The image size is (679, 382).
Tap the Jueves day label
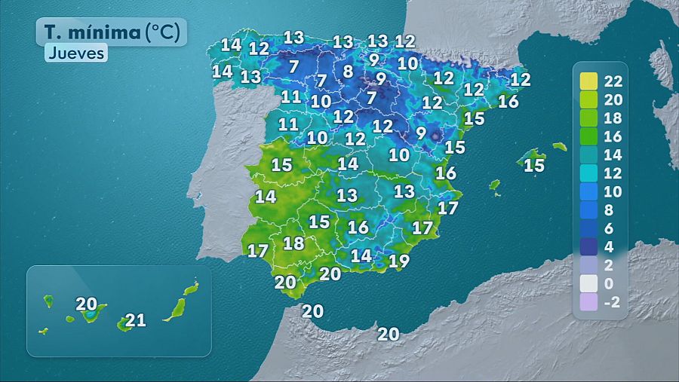[x=76, y=53]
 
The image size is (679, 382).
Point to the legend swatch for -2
[x=588, y=303]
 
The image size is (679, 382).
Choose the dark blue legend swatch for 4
[x=588, y=247]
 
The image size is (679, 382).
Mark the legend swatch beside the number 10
[x=588, y=192]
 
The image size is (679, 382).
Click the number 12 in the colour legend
[x=613, y=173]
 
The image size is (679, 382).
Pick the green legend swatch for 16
[x=588, y=136]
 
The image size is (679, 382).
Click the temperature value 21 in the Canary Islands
[x=135, y=320]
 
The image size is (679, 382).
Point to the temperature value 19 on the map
[x=399, y=261]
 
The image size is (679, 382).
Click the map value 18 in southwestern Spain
[x=293, y=243]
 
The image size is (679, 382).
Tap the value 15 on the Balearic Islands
[x=534, y=165]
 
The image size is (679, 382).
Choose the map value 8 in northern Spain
[x=348, y=72]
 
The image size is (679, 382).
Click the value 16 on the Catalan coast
[x=508, y=101]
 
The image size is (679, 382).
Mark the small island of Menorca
[x=559, y=146]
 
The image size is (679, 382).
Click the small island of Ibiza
[x=494, y=184]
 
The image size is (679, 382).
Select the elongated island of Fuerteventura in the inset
[x=177, y=308]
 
